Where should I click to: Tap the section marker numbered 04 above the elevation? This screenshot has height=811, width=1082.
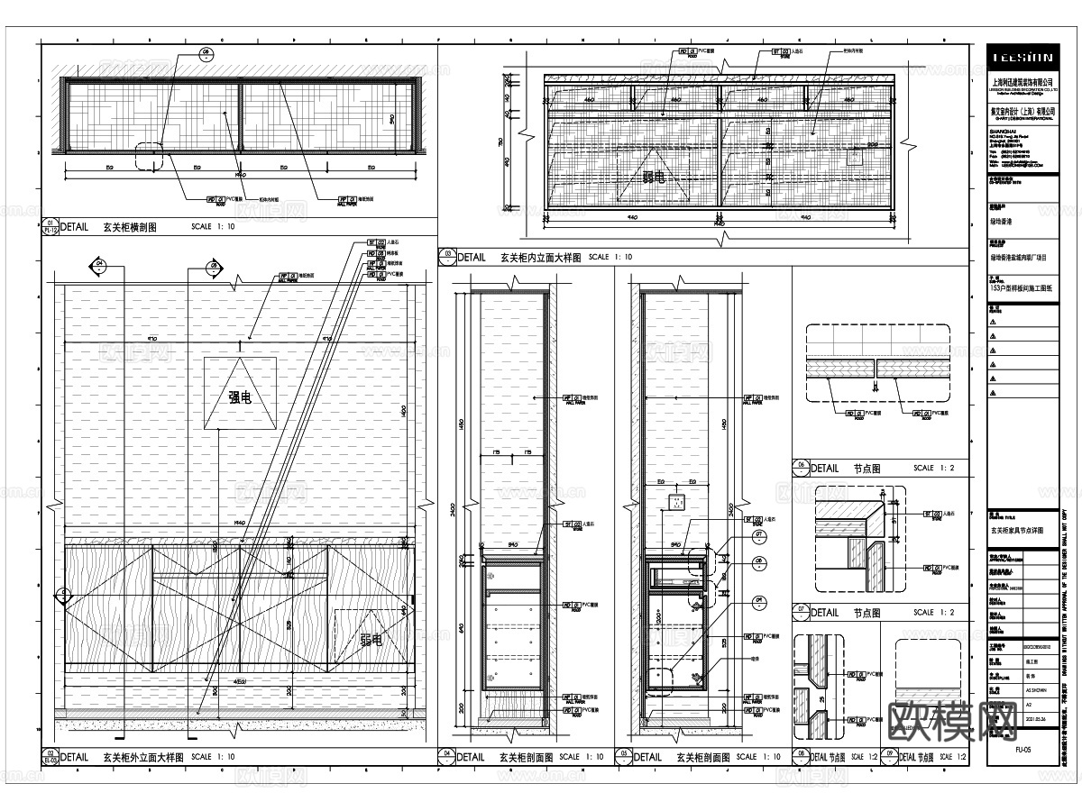[98, 266]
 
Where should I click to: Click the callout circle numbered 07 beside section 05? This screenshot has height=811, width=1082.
[759, 537]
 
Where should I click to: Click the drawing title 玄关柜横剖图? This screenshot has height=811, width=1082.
[130, 228]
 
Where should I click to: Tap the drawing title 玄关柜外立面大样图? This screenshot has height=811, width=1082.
[143, 757]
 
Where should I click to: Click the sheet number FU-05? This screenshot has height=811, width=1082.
[1023, 750]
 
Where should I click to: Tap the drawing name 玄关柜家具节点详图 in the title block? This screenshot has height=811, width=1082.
[1023, 531]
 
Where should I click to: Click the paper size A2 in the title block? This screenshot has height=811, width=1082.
[1031, 705]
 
